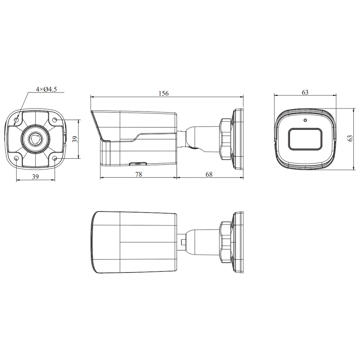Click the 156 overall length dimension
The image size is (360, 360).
[163, 94]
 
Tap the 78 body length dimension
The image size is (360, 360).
[139, 174]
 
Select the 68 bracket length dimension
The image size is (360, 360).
[209, 174]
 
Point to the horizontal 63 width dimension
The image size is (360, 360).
[305, 92]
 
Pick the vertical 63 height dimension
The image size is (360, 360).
[350, 138]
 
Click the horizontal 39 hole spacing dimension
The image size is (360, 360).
[35, 176]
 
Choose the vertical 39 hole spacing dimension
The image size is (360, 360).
[75, 139]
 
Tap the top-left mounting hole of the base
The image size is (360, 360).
[17, 120]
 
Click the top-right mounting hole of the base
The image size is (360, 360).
[54, 120]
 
